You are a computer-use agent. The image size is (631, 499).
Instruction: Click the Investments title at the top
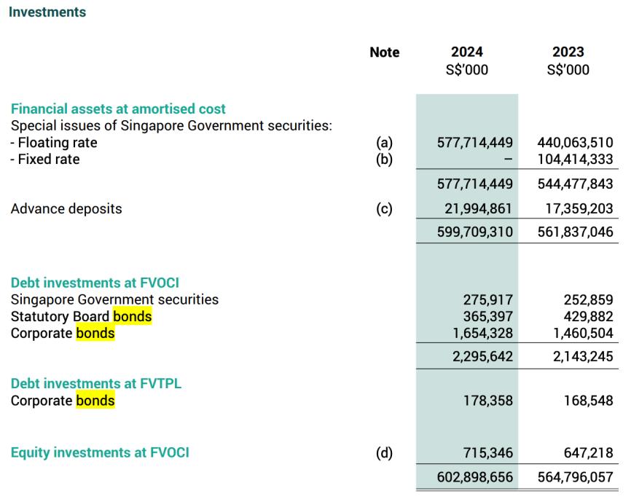point(47,12)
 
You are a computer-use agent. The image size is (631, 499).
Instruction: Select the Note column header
point(385,52)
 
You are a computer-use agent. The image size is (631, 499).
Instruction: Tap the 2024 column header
point(467,52)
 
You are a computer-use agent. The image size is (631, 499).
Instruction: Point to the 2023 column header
point(568,52)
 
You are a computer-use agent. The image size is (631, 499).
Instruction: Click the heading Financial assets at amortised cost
point(118,109)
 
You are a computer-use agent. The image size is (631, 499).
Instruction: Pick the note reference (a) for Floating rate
point(384,143)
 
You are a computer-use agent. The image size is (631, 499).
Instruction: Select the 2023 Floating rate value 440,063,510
point(575,143)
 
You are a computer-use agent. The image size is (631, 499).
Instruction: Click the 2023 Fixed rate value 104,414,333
point(575,159)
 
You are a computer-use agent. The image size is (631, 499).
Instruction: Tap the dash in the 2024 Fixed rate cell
point(509,159)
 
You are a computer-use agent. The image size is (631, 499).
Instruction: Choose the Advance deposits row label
point(66,209)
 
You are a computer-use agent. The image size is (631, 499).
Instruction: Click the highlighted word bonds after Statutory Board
point(133,316)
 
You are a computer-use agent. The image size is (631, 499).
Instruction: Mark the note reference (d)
point(384,453)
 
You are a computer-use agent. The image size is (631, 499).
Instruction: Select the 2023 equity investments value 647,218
point(588,453)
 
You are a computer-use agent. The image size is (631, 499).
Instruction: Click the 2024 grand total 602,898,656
point(475,477)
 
